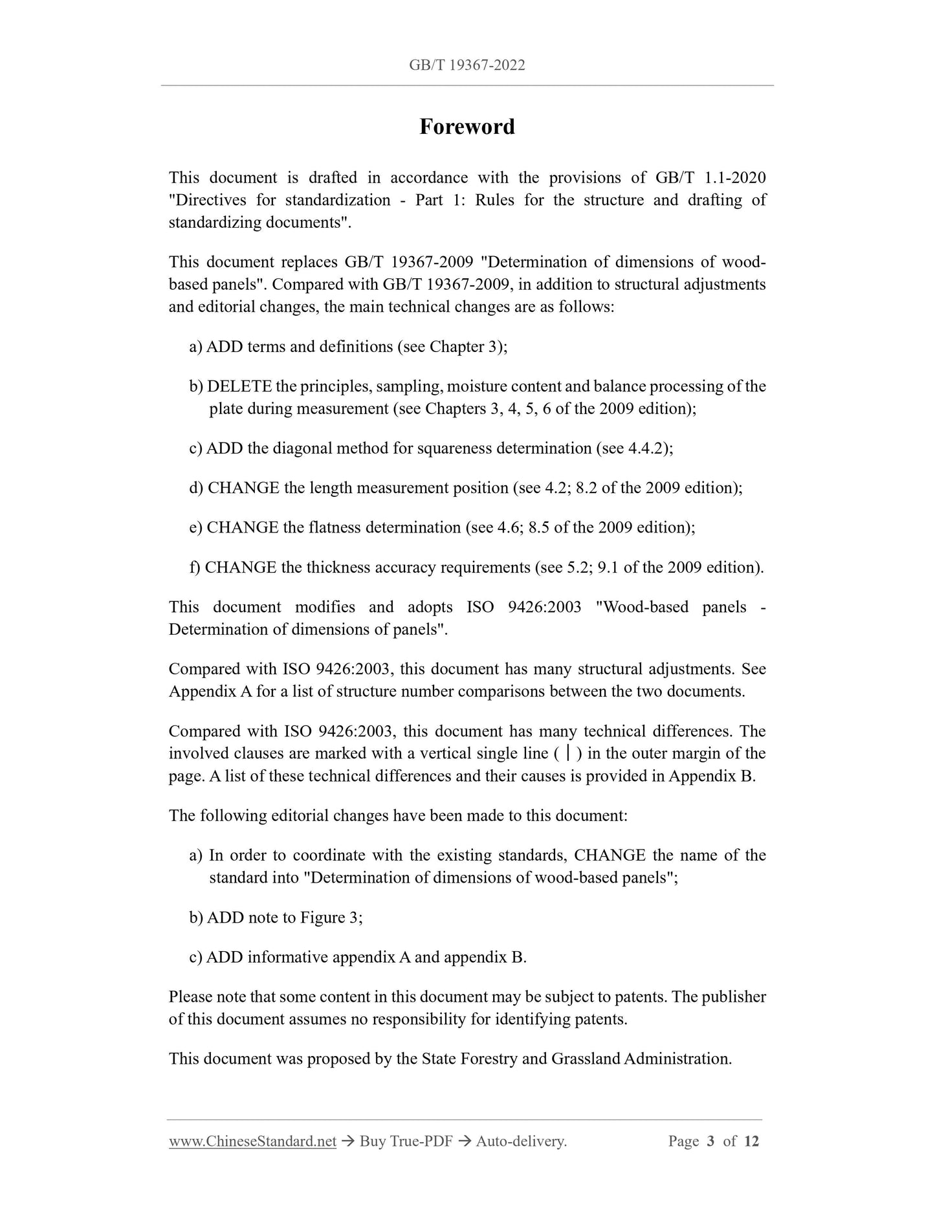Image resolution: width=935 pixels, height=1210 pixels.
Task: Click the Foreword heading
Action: click(x=467, y=127)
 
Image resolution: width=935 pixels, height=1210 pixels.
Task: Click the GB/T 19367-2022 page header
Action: click(x=467, y=65)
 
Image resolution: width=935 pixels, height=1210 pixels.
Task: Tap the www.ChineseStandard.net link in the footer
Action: click(x=252, y=1141)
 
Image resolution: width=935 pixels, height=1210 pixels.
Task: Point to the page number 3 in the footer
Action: click(x=710, y=1141)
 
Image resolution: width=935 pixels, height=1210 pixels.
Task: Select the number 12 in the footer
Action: click(x=751, y=1141)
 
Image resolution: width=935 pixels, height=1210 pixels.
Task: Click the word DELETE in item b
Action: click(x=239, y=386)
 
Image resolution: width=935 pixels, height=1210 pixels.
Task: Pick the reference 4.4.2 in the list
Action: click(x=647, y=448)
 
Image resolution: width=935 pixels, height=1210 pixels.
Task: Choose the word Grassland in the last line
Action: click(x=585, y=1059)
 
